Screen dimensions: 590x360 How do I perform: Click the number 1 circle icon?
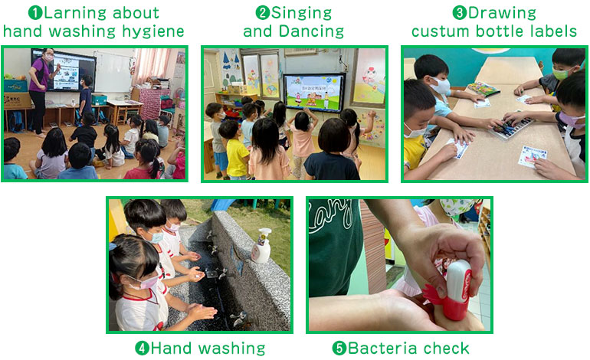tap(35, 13)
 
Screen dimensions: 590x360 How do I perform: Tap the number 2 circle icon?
tap(263, 13)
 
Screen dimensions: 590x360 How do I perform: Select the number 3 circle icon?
tap(460, 13)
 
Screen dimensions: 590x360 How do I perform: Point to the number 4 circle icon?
tap(142, 349)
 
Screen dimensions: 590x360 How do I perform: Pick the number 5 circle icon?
tap(339, 349)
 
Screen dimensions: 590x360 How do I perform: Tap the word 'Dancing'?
tap(312, 31)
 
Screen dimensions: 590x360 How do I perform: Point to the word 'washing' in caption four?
tap(231, 349)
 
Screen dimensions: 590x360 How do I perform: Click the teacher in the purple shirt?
tap(41, 91)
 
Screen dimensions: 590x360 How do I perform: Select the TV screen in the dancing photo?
tap(314, 93)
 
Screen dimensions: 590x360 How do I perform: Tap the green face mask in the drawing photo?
tap(561, 74)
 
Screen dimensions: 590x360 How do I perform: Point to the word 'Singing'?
tap(301, 14)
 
